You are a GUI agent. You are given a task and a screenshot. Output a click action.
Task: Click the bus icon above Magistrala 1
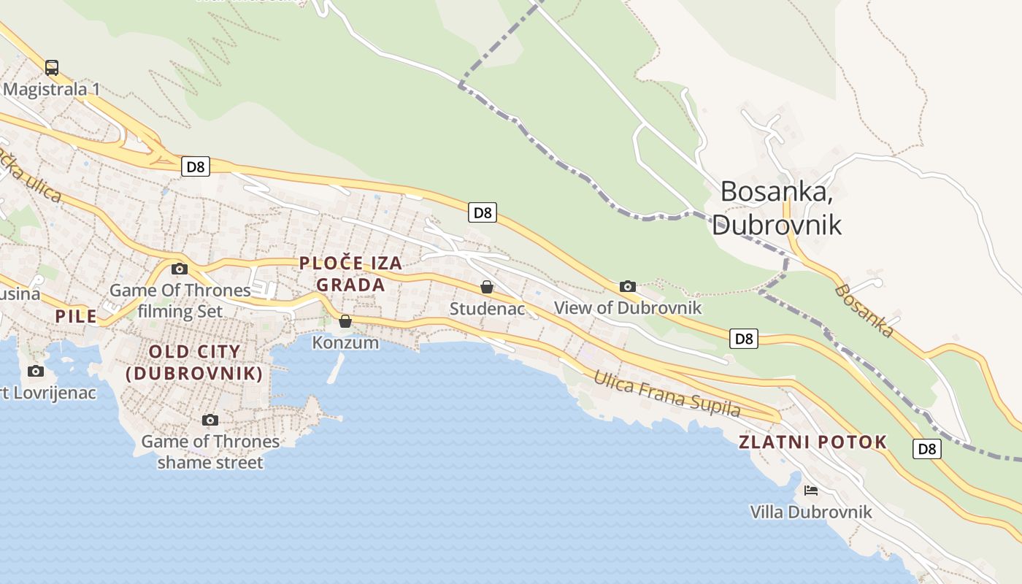pyautogui.click(x=52, y=68)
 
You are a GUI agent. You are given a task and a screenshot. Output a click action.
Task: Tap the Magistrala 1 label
pyautogui.click(x=51, y=90)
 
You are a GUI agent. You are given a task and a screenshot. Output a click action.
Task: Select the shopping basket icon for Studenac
pyautogui.click(x=487, y=288)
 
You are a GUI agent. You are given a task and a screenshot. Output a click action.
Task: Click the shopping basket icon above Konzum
pyautogui.click(x=345, y=321)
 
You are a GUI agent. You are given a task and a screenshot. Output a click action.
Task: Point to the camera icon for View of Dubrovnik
pyautogui.click(x=627, y=286)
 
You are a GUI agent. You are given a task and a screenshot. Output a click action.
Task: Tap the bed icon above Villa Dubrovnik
pyautogui.click(x=810, y=491)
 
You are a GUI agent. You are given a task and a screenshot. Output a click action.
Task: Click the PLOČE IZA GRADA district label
pyautogui.click(x=350, y=274)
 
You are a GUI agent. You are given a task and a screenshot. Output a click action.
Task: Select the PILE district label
pyautogui.click(x=77, y=316)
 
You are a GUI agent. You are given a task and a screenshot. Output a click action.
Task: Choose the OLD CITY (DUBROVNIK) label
pyautogui.click(x=194, y=363)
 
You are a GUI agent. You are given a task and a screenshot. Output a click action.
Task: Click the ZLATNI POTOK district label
pyautogui.click(x=812, y=442)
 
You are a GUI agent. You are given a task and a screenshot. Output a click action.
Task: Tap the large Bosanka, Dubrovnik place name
pyautogui.click(x=777, y=207)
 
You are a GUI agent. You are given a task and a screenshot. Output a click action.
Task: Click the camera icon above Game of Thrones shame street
pyautogui.click(x=210, y=420)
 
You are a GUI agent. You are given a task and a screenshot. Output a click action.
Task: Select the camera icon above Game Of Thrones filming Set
pyautogui.click(x=180, y=269)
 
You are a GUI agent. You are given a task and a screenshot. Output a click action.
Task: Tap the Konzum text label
pyautogui.click(x=345, y=342)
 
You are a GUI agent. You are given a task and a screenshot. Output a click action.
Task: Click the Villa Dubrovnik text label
pyautogui.click(x=811, y=512)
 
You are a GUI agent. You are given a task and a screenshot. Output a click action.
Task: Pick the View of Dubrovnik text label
pyautogui.click(x=628, y=308)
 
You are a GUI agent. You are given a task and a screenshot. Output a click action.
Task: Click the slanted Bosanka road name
pyautogui.click(x=864, y=311)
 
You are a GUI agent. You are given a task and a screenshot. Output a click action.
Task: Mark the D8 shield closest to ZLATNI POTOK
pyautogui.click(x=926, y=448)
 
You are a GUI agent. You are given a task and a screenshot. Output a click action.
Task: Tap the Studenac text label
pyautogui.click(x=487, y=309)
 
